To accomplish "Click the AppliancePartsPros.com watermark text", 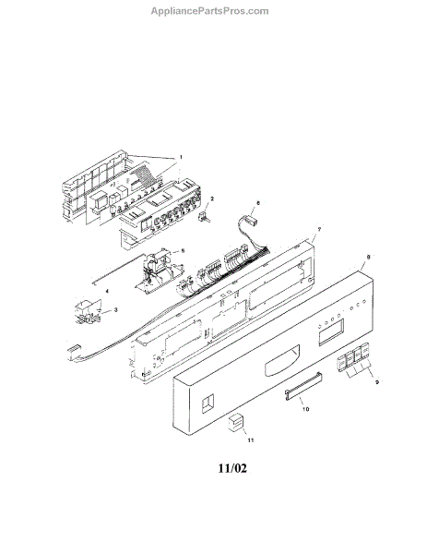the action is point(209,11).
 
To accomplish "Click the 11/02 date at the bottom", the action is point(232,468).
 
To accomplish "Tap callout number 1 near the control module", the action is point(181,157).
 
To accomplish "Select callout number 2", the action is point(212,199).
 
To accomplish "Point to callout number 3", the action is point(116,310).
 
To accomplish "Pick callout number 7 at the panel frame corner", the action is point(319,229).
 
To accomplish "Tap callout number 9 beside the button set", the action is point(377,382).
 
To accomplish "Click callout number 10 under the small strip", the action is point(305,409).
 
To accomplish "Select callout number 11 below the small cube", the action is point(251,440).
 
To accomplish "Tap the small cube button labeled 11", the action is point(237,423).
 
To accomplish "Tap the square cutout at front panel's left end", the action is point(208,403).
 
